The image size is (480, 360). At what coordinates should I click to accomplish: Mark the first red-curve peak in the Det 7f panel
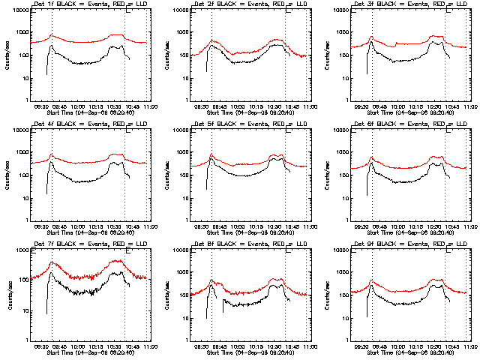coord(53,262)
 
